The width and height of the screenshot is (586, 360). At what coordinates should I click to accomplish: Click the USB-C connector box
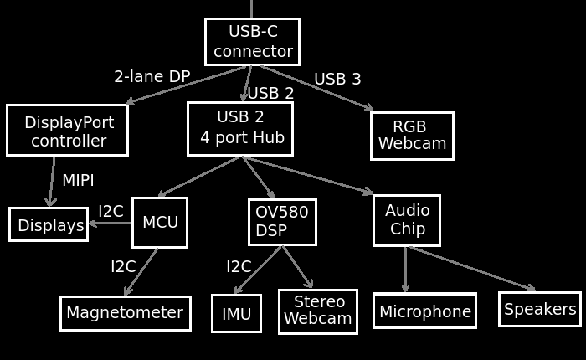click(252, 42)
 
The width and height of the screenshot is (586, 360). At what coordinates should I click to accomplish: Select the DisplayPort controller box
click(67, 131)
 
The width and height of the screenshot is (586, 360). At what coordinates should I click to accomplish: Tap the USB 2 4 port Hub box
click(240, 129)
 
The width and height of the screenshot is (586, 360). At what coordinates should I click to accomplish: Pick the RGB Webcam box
click(412, 136)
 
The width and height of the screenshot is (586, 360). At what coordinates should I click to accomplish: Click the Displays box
click(49, 224)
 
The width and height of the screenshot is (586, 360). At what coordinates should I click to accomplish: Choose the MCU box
click(159, 223)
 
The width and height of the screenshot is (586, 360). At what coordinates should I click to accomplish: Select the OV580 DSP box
click(282, 222)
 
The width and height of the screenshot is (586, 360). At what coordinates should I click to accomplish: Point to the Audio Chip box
click(407, 220)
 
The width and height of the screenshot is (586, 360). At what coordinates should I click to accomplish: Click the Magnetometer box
click(125, 313)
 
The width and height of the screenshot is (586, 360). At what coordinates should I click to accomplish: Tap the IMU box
click(236, 314)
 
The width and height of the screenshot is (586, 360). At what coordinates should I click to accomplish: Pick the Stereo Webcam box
click(318, 311)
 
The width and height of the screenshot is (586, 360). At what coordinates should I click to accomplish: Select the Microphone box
click(424, 311)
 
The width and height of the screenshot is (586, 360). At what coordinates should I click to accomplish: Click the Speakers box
click(540, 309)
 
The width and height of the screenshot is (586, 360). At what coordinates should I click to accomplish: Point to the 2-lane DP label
click(152, 76)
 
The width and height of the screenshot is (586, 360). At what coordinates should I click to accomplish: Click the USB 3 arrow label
click(337, 79)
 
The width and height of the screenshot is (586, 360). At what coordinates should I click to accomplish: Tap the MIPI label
click(78, 181)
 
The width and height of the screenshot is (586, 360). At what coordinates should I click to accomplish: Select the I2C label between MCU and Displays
click(111, 211)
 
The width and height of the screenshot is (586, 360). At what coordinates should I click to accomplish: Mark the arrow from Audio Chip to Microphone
click(406, 270)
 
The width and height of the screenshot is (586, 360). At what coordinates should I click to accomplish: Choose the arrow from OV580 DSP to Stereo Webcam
click(297, 267)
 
